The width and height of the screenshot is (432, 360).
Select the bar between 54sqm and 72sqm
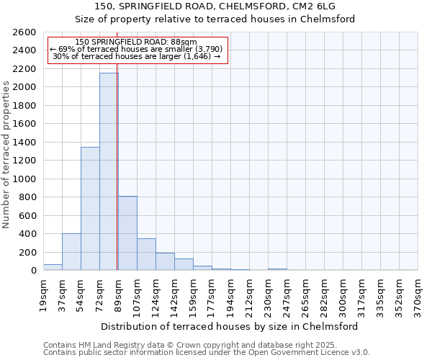(90, 209)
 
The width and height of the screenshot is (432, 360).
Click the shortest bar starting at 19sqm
(53, 267)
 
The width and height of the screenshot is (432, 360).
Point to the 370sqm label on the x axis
(418, 296)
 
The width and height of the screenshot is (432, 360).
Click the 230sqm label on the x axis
(268, 296)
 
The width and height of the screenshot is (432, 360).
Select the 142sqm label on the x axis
(174, 296)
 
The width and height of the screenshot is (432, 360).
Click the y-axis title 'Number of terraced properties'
(6, 155)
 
